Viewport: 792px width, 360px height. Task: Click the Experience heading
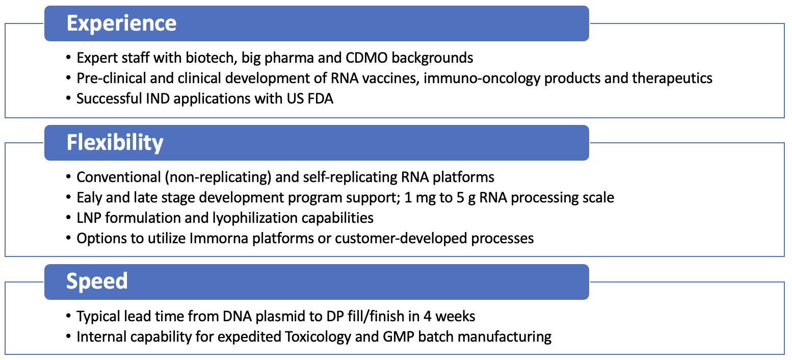[121, 23]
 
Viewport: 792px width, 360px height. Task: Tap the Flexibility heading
[115, 143]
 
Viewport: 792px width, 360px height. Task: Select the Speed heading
[97, 281]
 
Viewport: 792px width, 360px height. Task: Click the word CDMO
[366, 58]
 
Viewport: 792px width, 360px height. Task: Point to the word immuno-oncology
[482, 79]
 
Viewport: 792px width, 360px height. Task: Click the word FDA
[321, 98]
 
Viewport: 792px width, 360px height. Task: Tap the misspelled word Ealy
[89, 198]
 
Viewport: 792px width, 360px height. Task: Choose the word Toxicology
[318, 337]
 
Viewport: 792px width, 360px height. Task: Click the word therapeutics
[672, 79]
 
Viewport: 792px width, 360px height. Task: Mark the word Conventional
[118, 177]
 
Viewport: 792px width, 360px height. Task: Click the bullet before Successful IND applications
[68, 98]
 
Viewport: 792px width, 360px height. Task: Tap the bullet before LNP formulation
[68, 218]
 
